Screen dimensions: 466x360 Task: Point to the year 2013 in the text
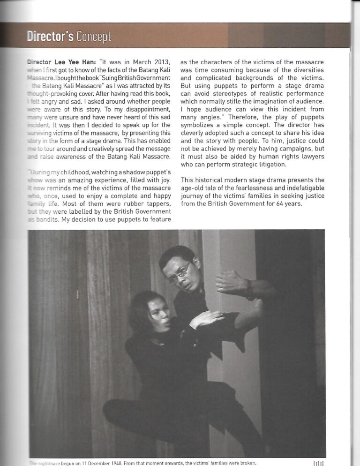pos(161,62)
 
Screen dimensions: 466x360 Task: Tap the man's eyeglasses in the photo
pos(180,273)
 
